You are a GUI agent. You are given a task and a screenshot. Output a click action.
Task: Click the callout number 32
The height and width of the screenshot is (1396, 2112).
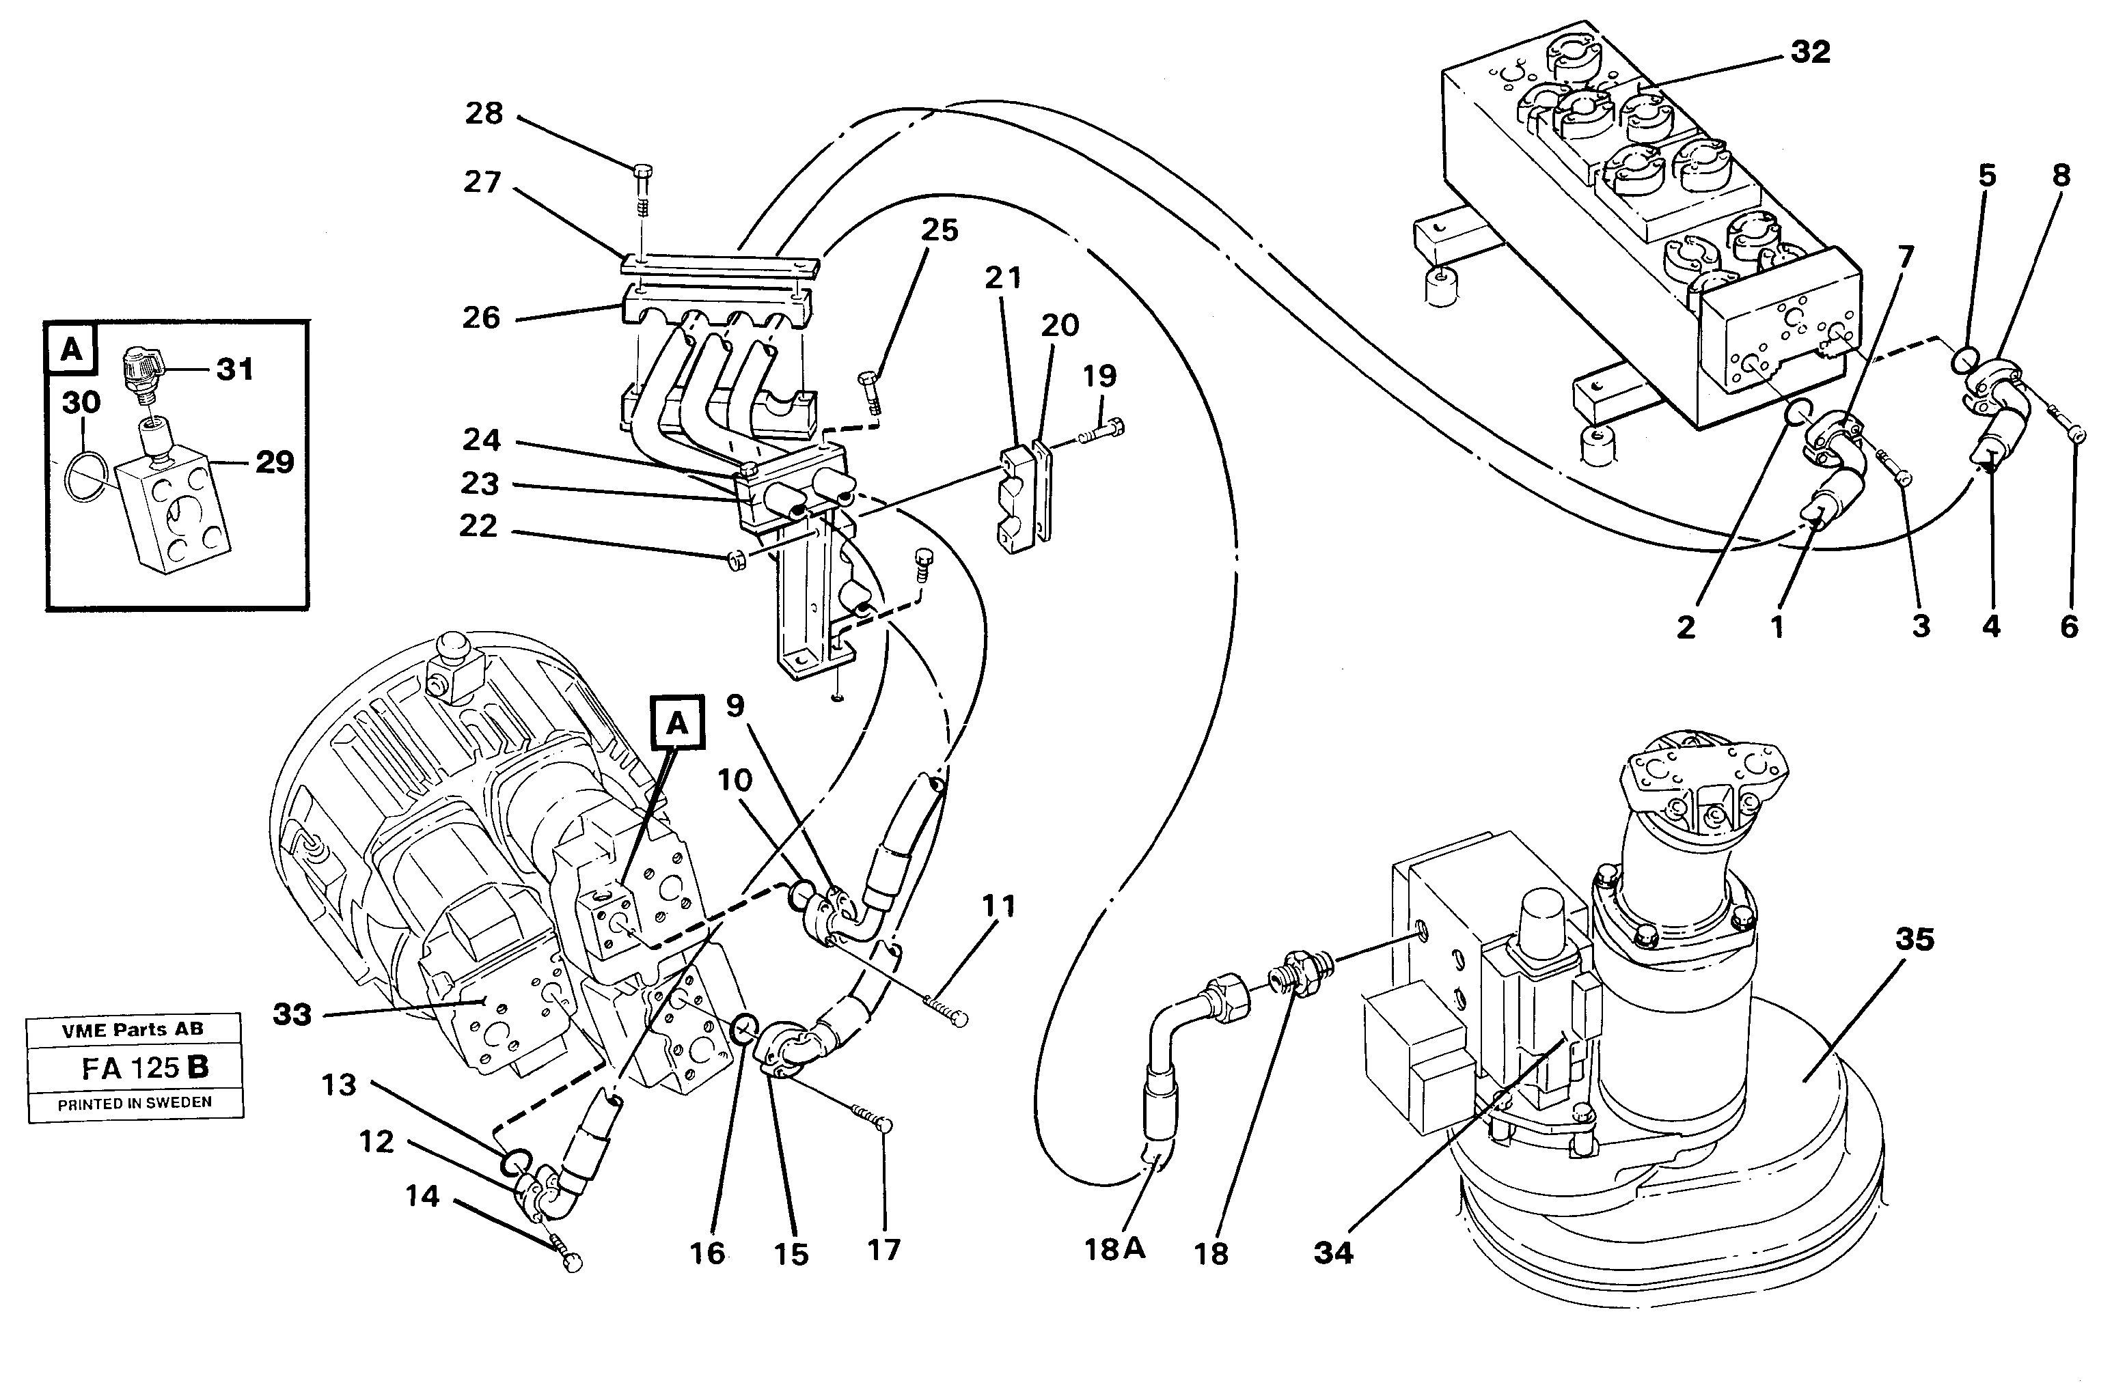(x=1809, y=53)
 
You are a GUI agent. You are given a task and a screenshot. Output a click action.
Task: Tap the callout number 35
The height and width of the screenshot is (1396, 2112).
(x=1915, y=939)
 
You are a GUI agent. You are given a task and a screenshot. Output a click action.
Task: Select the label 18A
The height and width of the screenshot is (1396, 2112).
(x=1114, y=1250)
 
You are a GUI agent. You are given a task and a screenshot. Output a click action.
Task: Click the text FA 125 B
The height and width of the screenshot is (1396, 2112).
(x=144, y=1067)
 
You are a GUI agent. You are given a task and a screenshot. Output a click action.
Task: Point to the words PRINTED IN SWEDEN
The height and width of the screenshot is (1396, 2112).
(x=135, y=1103)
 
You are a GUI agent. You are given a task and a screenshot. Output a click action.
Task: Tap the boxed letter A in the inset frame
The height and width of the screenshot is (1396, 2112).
(x=71, y=350)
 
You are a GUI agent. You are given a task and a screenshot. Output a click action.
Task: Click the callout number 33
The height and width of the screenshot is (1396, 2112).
(x=292, y=1014)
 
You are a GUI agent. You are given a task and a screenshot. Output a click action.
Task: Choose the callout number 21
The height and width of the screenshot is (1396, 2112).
(x=1003, y=279)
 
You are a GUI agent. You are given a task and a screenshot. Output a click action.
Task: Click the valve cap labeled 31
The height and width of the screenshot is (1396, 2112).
(x=140, y=365)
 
